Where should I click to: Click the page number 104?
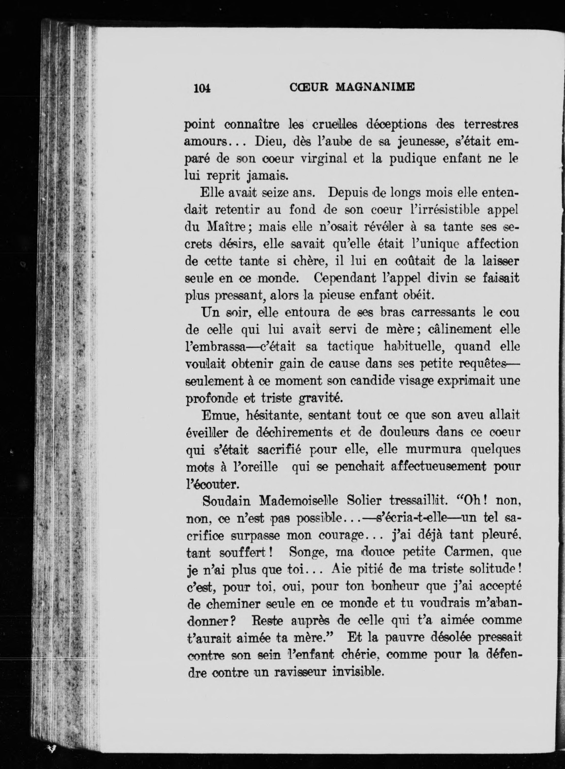click(x=202, y=88)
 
